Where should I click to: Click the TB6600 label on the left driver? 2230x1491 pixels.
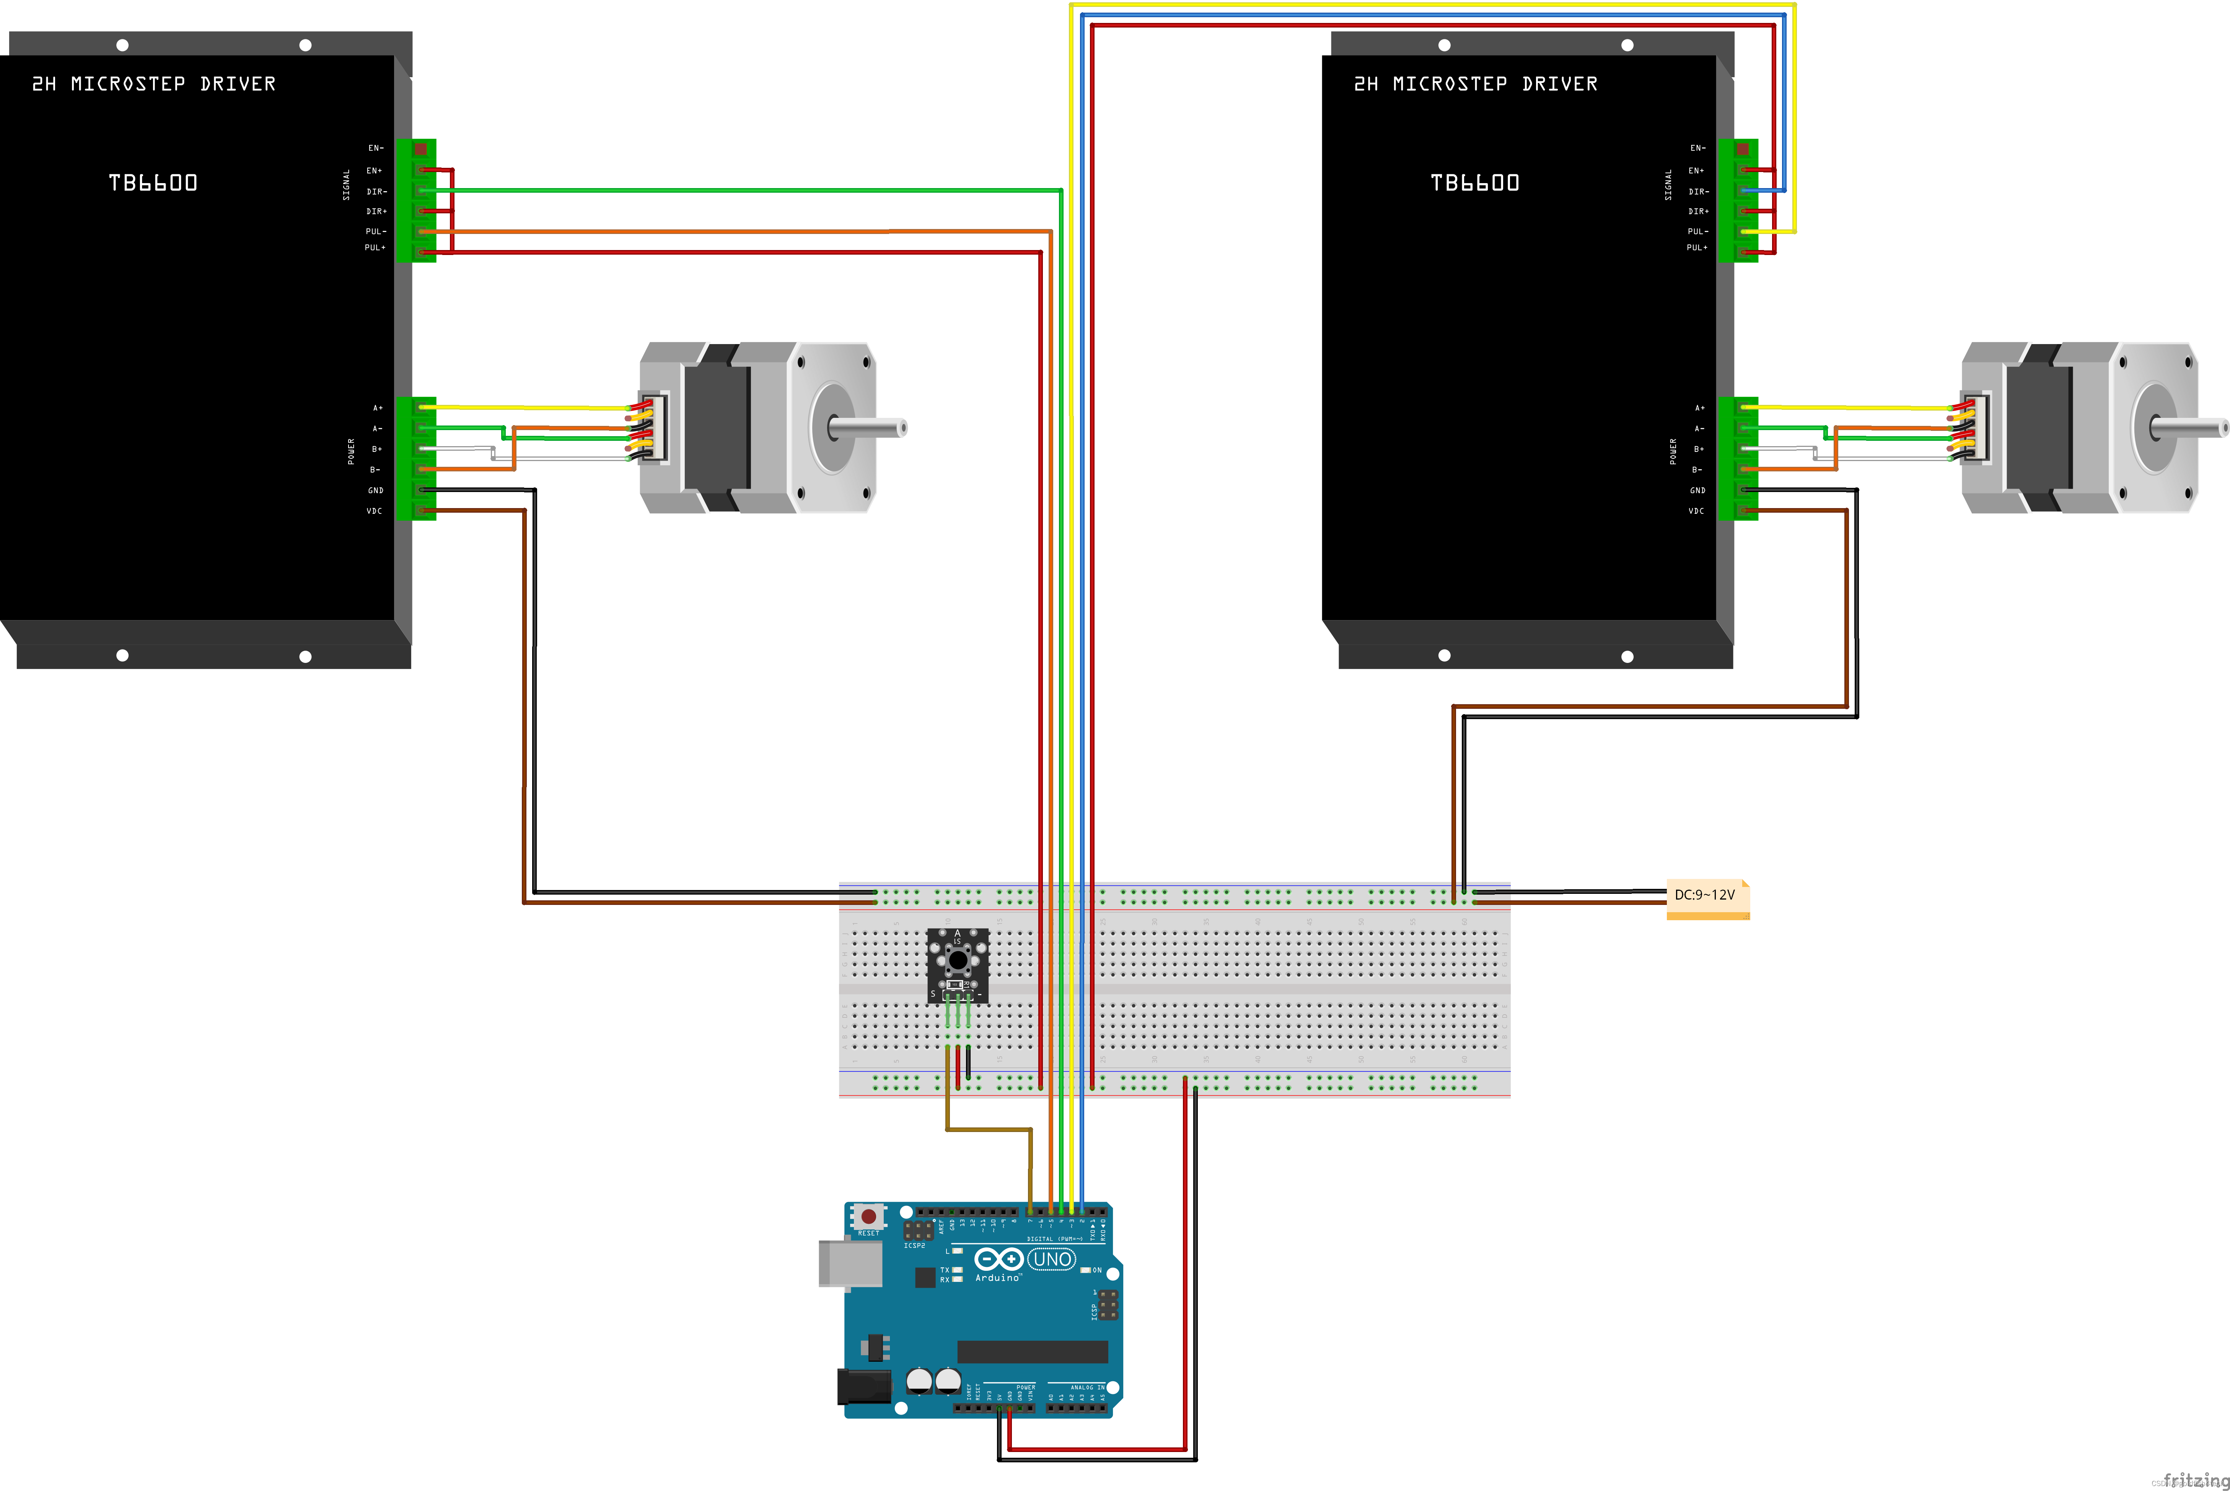click(153, 183)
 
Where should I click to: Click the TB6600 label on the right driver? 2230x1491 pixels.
click(1475, 183)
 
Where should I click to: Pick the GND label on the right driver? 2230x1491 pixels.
click(1697, 491)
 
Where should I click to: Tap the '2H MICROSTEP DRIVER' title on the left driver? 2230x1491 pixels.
click(154, 84)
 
